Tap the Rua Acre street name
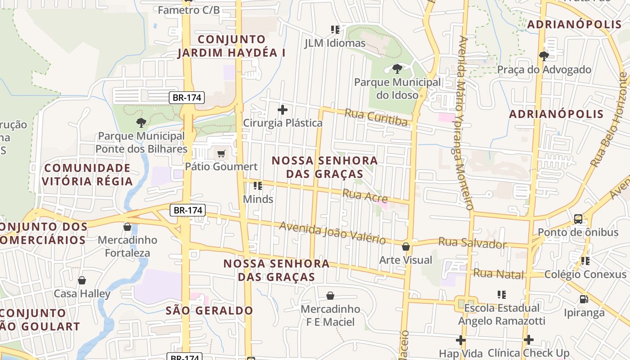[365, 196]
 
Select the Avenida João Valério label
[332, 233]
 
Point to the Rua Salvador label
[472, 243]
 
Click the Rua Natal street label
[499, 274]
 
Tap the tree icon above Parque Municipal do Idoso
[397, 69]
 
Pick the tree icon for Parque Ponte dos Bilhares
[141, 122]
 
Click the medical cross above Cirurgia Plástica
[283, 110]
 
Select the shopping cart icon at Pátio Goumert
[221, 154]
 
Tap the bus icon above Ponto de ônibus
[578, 219]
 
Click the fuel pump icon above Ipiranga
[584, 299]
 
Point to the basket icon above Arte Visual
[406, 247]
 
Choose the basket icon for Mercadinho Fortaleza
[127, 227]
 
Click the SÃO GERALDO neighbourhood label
[209, 310]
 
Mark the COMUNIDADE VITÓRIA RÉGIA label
[88, 175]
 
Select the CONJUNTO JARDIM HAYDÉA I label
[232, 46]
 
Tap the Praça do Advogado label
[544, 70]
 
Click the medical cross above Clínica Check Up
[529, 340]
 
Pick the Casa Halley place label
[82, 294]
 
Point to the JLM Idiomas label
[335, 43]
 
